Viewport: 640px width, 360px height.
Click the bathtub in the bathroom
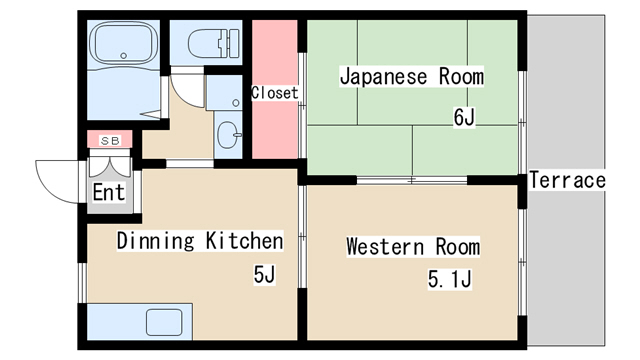click(x=123, y=44)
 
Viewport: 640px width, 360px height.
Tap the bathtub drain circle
click(x=124, y=56)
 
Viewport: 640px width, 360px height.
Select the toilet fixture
click(x=213, y=43)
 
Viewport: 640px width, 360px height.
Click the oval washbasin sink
click(x=229, y=135)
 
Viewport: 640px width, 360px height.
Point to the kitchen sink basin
click(x=164, y=322)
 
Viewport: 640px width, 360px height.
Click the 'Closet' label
click(x=275, y=93)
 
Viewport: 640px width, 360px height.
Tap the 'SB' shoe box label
click(x=110, y=141)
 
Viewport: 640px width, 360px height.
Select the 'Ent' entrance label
click(x=109, y=192)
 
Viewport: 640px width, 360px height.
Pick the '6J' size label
click(x=464, y=117)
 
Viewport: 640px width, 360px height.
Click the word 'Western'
click(x=386, y=247)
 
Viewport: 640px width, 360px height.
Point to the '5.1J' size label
click(x=450, y=279)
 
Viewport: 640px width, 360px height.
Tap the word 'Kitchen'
click(x=244, y=240)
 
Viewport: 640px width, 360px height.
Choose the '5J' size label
click(x=264, y=274)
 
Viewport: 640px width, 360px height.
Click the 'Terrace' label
click(x=567, y=180)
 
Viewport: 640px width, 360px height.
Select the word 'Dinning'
click(x=156, y=241)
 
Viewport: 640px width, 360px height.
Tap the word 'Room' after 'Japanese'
click(x=461, y=76)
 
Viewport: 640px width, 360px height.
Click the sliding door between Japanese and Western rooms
click(x=412, y=180)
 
